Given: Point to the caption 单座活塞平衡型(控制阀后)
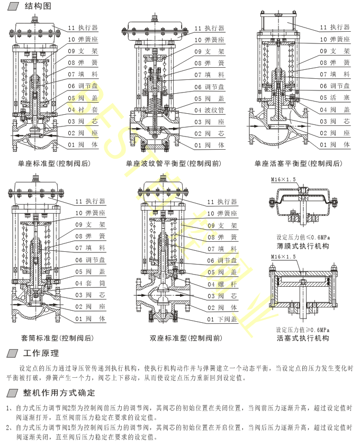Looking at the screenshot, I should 298,164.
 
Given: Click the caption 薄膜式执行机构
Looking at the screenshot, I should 303,247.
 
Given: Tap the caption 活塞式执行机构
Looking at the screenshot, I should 303,338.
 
